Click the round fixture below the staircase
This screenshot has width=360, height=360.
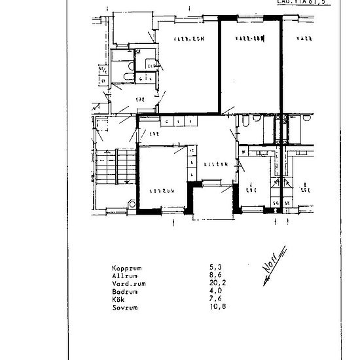click(133, 204)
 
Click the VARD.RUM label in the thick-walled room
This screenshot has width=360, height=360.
click(248, 39)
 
